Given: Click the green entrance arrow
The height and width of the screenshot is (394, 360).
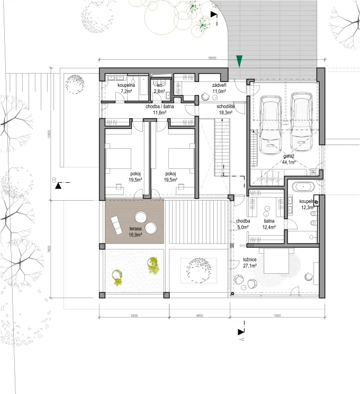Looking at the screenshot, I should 240,61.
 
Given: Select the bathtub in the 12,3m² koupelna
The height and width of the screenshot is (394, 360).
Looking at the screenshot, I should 304,186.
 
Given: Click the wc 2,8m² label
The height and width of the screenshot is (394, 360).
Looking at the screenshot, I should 159,88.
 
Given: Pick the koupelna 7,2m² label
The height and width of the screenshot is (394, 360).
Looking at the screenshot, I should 127,88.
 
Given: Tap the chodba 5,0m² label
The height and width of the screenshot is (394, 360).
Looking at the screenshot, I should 243,224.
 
